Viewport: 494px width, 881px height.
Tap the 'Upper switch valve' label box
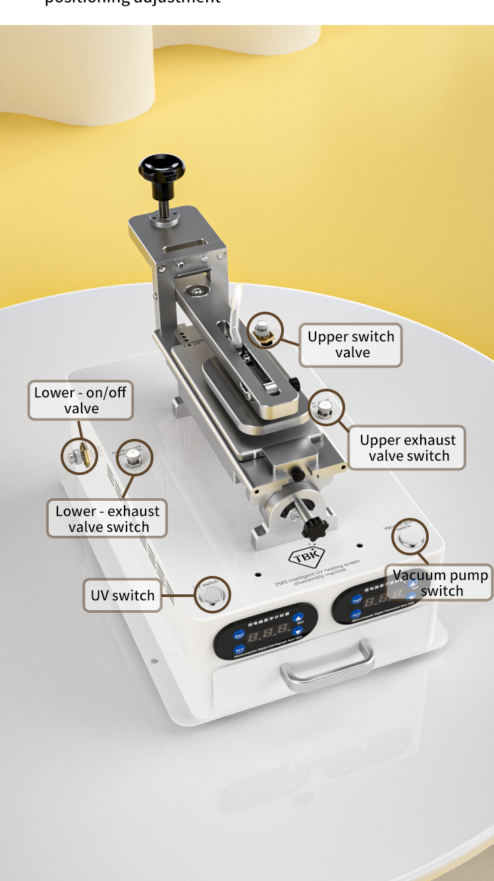coord(350,345)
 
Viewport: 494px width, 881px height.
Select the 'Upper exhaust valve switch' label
coord(407,448)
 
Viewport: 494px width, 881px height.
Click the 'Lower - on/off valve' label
coord(80,400)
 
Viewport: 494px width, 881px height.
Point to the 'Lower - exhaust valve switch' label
coord(107,519)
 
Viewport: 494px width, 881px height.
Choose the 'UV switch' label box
coord(123,595)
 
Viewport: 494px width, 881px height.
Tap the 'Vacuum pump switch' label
coord(440,583)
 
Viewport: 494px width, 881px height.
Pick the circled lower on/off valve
coord(80,455)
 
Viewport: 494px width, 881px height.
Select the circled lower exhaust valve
coord(134,459)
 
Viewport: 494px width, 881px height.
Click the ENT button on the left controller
coord(239,635)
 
